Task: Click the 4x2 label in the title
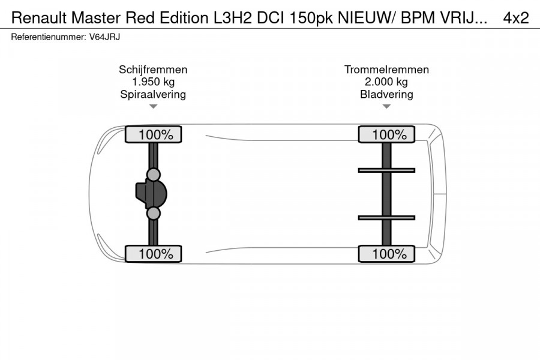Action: [x=515, y=18]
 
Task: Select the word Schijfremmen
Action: [x=153, y=70]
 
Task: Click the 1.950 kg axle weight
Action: [x=153, y=82]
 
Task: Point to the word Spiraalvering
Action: [x=153, y=94]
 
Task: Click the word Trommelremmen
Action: [x=386, y=70]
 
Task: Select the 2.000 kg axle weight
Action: [x=386, y=82]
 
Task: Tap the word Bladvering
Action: [x=386, y=94]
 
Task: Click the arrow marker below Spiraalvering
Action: [x=153, y=107]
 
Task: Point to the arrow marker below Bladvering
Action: [x=386, y=107]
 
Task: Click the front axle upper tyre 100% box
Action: [x=153, y=135]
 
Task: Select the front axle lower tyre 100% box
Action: [x=153, y=254]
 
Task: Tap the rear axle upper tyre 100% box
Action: [x=386, y=135]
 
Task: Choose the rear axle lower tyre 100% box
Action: [x=386, y=254]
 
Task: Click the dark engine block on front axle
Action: [x=144, y=194]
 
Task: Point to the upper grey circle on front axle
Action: [x=154, y=175]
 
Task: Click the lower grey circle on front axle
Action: [x=154, y=214]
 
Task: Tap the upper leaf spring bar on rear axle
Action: [x=386, y=170]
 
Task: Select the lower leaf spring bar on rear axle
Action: [x=386, y=217]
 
